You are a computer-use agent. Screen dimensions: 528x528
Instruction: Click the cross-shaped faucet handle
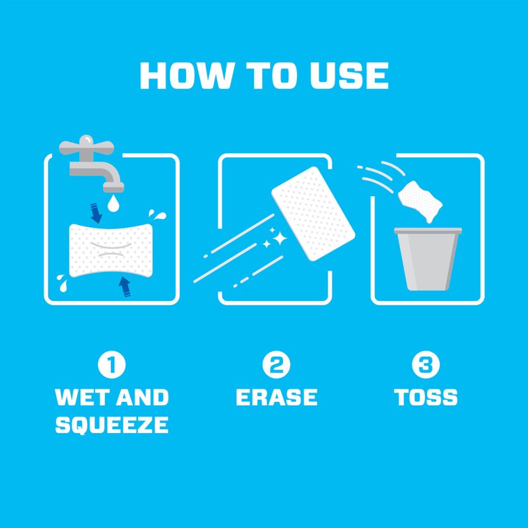[86, 147]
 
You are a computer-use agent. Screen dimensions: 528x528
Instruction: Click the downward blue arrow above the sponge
[96, 213]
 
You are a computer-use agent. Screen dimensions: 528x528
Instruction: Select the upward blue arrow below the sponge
[125, 287]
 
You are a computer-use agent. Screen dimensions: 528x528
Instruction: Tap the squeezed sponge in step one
[111, 250]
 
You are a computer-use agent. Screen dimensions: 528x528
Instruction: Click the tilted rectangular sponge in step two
[313, 213]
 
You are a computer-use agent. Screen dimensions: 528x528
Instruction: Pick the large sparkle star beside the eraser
[279, 239]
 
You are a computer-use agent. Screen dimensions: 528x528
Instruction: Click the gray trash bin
[428, 259]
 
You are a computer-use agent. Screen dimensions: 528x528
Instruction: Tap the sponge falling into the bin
[420, 201]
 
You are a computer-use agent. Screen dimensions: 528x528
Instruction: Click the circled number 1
[112, 365]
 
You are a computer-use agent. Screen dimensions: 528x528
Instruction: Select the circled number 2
[276, 365]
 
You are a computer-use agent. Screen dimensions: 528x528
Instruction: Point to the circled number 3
[426, 365]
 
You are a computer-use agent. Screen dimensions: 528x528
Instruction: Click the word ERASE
[277, 397]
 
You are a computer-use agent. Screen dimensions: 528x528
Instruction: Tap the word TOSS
[426, 397]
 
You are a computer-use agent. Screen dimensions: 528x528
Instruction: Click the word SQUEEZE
[112, 424]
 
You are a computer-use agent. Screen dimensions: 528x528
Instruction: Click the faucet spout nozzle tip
[114, 187]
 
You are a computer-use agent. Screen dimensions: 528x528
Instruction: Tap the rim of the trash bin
[428, 230]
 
